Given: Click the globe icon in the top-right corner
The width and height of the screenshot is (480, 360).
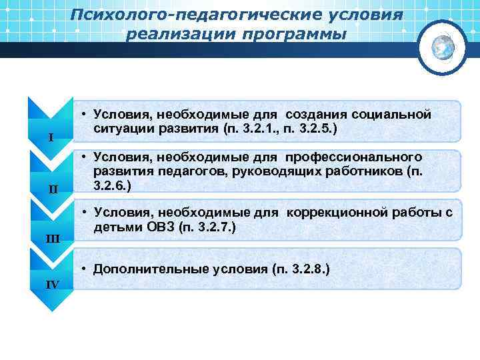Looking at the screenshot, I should coord(441,47).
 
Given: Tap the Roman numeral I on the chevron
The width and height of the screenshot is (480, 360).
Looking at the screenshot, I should coord(51,138).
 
